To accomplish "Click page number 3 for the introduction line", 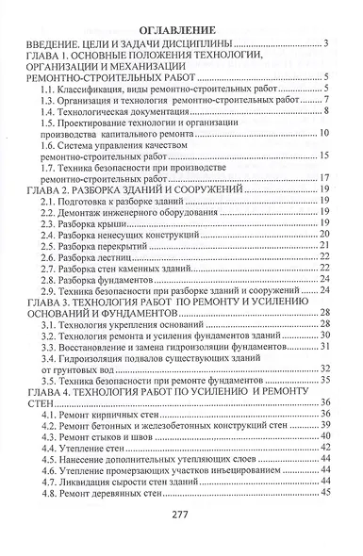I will pyautogui.click(x=324, y=43).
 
